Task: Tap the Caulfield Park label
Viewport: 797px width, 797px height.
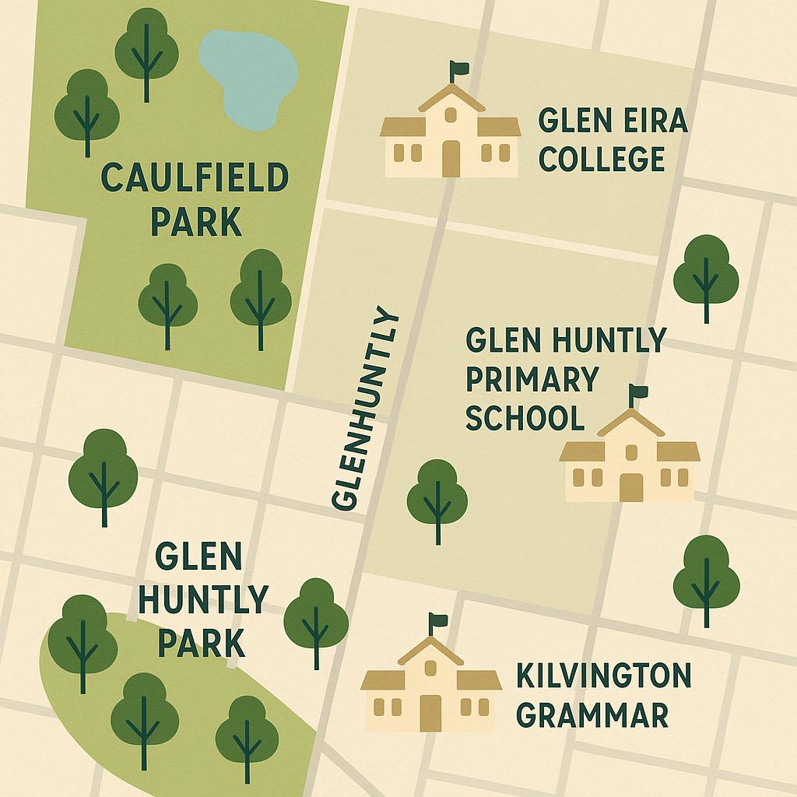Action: tap(195, 199)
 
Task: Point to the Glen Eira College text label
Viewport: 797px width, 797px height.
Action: tap(613, 141)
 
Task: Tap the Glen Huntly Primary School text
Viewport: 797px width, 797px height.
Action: tap(565, 379)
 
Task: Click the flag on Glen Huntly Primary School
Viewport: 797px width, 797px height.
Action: tap(640, 392)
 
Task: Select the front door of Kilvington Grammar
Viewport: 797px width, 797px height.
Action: tap(430, 712)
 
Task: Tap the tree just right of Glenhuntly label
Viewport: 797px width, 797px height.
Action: tap(437, 498)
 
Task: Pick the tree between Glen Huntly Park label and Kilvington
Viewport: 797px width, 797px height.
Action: tap(315, 620)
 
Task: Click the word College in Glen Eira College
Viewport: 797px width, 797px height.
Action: tap(602, 159)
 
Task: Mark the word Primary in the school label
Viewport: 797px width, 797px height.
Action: tap(532, 380)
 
